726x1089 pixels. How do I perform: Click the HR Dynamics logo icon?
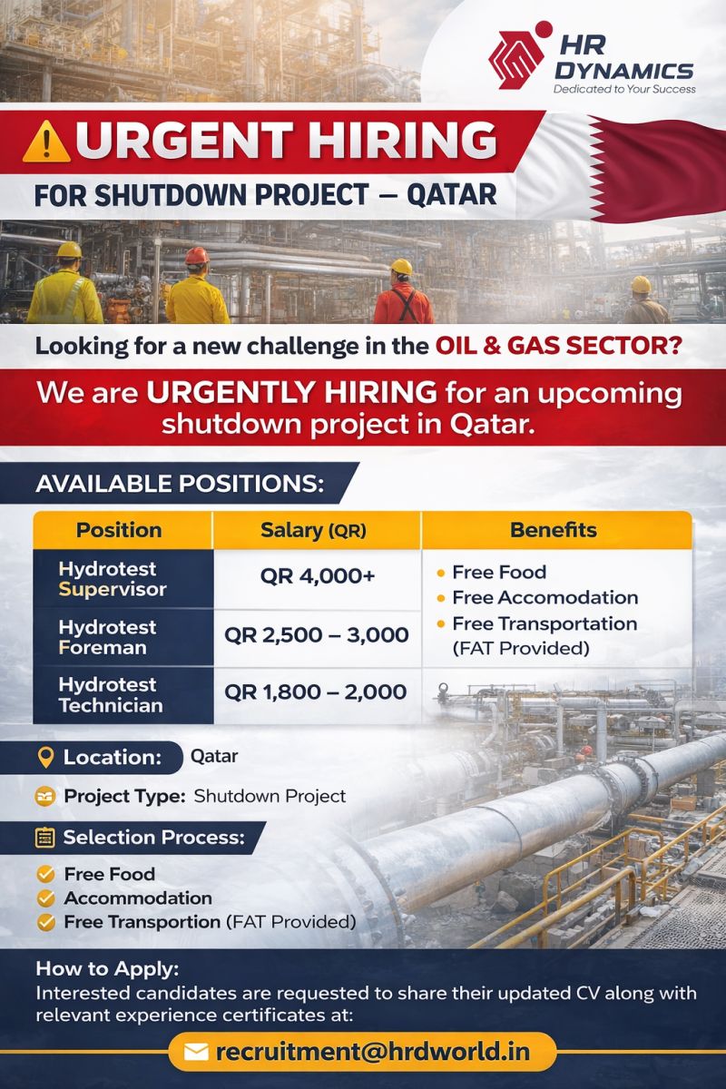coord(519,57)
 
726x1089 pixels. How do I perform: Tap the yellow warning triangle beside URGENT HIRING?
coord(41,142)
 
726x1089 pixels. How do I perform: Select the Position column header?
coord(119,530)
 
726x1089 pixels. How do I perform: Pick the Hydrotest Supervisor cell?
coord(113,579)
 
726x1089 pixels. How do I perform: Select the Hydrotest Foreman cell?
coord(107,637)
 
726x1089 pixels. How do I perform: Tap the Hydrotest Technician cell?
coord(111,695)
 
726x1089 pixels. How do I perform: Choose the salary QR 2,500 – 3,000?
coord(316,635)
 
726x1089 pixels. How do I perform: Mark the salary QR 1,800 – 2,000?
coord(316,692)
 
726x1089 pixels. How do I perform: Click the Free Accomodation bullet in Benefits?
coord(544,597)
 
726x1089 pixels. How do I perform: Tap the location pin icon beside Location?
coord(45,758)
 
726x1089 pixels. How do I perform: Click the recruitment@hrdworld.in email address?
coord(371,1052)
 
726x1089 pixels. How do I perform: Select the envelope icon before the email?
coord(196,1053)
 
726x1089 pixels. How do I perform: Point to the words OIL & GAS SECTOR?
coord(559,346)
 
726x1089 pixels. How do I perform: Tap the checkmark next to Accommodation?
coord(44,898)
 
